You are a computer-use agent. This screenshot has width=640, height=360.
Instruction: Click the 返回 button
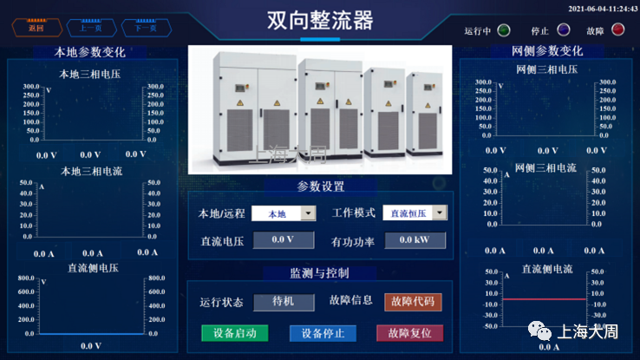tap(36, 28)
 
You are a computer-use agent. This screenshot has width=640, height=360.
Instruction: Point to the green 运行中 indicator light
tap(504, 29)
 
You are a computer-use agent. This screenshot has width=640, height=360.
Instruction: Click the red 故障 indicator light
tap(617, 29)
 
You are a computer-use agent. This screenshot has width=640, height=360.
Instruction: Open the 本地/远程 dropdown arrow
tap(308, 213)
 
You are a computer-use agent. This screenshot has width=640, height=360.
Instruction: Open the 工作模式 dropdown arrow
tap(440, 213)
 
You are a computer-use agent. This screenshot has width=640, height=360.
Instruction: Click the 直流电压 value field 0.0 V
tap(284, 240)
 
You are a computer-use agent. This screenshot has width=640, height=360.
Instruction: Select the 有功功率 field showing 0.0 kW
tap(415, 240)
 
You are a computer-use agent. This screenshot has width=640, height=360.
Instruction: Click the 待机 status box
tap(284, 302)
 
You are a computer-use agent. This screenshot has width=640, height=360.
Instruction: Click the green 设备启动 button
tap(234, 333)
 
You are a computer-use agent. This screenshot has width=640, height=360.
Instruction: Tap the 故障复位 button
tap(409, 333)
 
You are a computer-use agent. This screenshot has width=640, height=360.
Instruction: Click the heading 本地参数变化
tap(90, 52)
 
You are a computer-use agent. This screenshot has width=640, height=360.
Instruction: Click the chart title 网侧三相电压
tap(546, 70)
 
